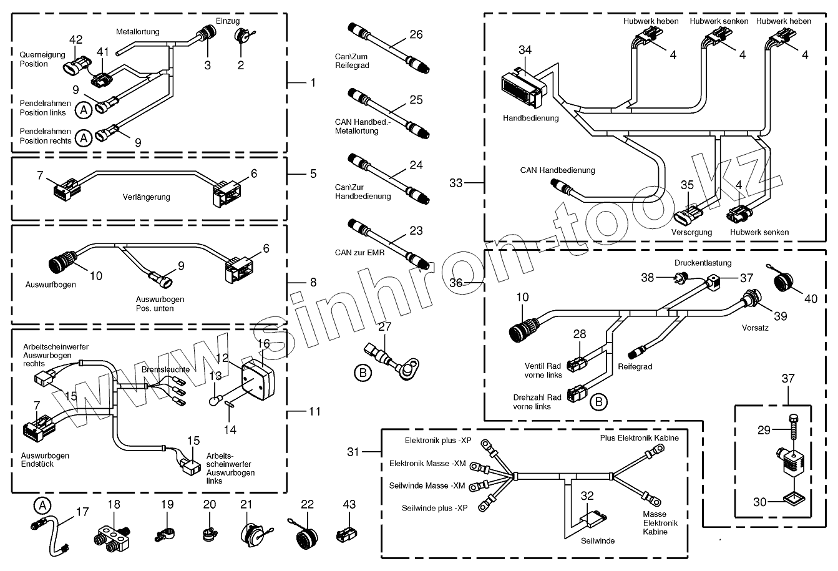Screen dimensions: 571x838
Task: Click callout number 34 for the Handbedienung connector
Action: [525, 49]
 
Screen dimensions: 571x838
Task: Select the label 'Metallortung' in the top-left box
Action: [137, 32]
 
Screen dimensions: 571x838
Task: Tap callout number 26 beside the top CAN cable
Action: [416, 34]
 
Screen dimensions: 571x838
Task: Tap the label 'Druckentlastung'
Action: [703, 263]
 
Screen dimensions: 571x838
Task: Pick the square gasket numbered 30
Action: [792, 499]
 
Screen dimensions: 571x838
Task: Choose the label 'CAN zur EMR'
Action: [359, 252]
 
